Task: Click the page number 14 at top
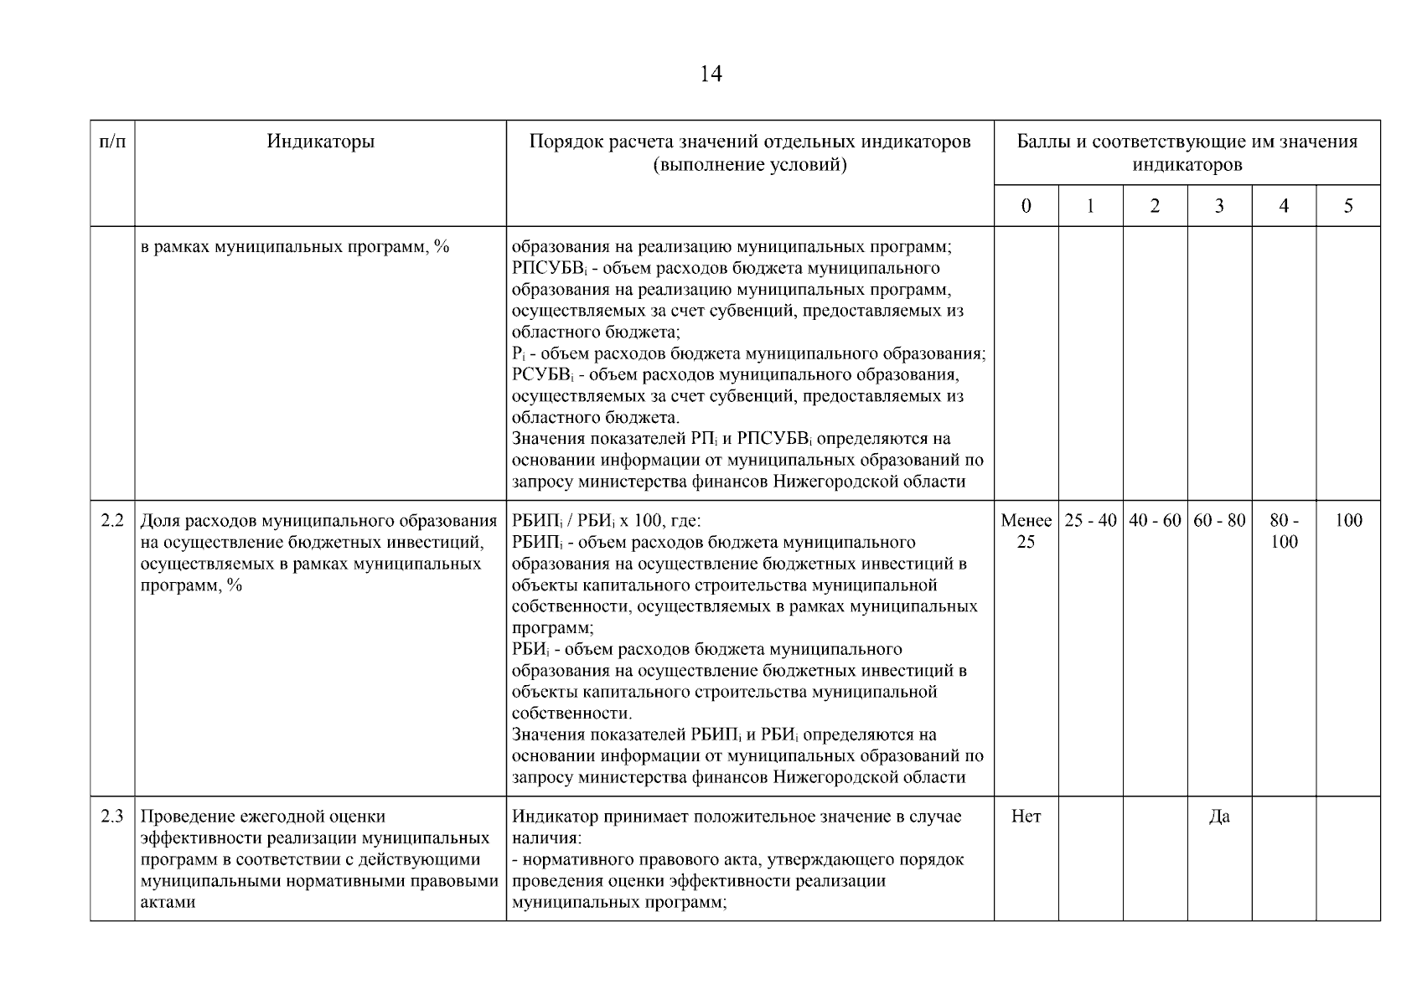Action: click(710, 75)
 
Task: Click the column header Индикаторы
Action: click(320, 142)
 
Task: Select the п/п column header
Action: click(112, 142)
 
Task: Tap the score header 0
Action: click(1026, 206)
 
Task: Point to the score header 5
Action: click(1347, 206)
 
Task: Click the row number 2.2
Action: click(112, 520)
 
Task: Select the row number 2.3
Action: click(112, 817)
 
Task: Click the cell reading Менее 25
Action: click(1026, 531)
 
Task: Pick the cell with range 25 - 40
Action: click(1090, 520)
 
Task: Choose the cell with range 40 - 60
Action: click(1155, 520)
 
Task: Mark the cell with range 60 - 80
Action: click(1219, 520)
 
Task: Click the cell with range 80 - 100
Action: click(1283, 531)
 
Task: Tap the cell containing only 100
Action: click(1347, 520)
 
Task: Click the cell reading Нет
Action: click(1026, 817)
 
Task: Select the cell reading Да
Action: click(1219, 817)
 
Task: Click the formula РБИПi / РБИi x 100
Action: click(606, 521)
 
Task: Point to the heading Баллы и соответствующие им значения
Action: click(1187, 142)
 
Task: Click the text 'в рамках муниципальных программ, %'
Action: click(295, 247)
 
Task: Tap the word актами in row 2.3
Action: click(168, 903)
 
